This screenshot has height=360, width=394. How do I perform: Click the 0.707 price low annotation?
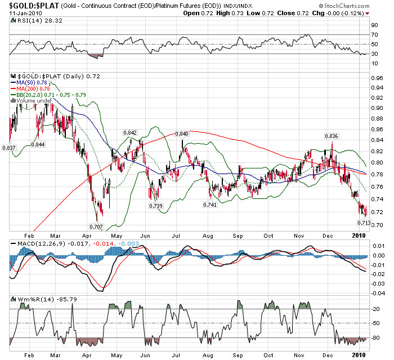pos(96,226)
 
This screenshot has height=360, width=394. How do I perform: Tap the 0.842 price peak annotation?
pos(129,132)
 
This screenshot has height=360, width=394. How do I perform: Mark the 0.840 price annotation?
pos(182,134)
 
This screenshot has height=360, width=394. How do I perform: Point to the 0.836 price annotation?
pos(332,136)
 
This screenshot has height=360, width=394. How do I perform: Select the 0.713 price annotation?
pos(364,223)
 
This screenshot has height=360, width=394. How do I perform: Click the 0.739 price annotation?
pos(156,206)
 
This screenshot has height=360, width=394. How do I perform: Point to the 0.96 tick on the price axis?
pos(375,87)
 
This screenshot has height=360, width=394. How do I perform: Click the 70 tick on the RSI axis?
pos(374,35)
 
